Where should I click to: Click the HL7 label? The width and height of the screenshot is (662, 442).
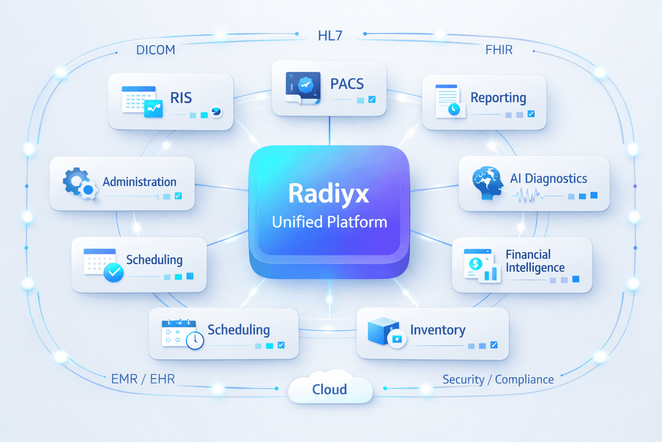coord(330,35)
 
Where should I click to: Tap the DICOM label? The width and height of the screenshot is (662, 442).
coord(156,50)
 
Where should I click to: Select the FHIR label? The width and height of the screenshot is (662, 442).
coord(499,50)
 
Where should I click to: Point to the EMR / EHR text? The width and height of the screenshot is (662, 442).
coord(143,379)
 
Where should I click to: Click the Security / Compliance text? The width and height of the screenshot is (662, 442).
coord(498,379)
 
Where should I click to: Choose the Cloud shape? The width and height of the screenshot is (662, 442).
coord(330,388)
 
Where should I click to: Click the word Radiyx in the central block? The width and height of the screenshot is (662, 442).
coord(328,193)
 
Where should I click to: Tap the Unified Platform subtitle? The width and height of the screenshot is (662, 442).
coord(330,222)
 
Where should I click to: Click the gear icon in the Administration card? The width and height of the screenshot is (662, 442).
coord(76,181)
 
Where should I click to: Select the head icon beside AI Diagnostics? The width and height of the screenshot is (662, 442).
coord(487,183)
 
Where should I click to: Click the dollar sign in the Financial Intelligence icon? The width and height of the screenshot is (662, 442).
coord(475,263)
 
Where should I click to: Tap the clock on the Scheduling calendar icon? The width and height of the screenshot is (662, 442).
coord(195,340)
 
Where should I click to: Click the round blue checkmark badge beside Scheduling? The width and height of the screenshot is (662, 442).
coord(114,272)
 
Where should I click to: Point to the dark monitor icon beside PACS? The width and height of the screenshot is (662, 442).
coord(303,87)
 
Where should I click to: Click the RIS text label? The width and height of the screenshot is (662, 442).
coord(181,98)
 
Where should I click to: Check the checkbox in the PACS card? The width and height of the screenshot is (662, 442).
coord(372,100)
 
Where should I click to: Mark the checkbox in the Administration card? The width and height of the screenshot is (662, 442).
coord(178,196)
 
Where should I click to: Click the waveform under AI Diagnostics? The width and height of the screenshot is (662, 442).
coord(529,196)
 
